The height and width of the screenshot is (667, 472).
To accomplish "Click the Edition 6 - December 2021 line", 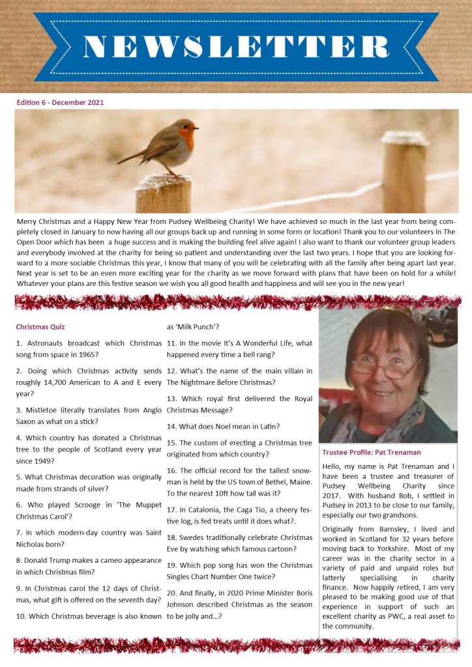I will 60,102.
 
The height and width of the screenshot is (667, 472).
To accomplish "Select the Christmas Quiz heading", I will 40,326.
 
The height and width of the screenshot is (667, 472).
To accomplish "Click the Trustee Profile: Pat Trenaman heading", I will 371,452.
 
